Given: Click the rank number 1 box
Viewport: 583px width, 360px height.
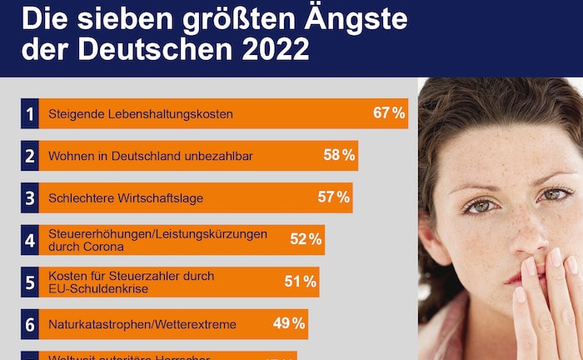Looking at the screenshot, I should (30, 113).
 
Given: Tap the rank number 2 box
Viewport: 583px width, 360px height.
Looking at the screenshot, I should (30, 156).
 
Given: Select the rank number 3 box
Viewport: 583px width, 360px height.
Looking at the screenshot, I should (30, 198).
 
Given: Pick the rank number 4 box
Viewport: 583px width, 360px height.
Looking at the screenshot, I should (30, 240).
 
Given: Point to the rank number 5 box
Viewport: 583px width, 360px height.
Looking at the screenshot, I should (30, 282).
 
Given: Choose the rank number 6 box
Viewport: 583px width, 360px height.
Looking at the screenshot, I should (30, 324).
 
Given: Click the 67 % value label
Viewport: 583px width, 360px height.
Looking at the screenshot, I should (389, 113).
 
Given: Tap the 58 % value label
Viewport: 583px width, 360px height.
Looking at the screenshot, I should (339, 155).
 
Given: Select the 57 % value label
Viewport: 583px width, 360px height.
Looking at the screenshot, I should (333, 197).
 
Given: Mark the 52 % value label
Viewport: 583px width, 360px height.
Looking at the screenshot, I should (306, 240).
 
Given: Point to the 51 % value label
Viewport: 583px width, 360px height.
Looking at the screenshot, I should (300, 282).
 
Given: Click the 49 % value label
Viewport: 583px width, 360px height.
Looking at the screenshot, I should (289, 323).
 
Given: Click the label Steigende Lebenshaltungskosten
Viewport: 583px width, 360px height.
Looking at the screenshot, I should (141, 113).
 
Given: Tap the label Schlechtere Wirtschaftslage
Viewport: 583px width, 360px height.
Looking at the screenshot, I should (126, 198).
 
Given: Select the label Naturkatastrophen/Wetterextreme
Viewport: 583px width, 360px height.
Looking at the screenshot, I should (142, 324).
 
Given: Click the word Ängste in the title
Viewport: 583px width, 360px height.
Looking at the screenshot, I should (336, 18).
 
